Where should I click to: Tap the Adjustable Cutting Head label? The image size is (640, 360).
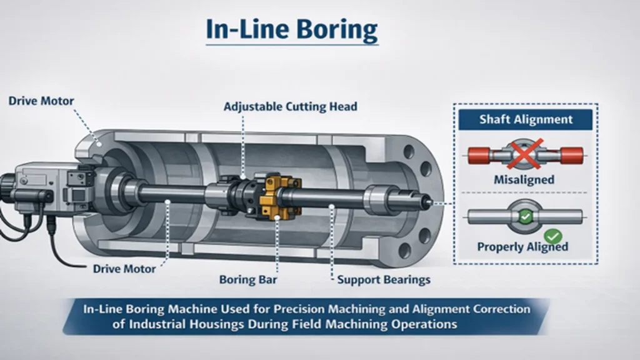[x=291, y=107]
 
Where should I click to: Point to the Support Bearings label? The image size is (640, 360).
[x=384, y=279]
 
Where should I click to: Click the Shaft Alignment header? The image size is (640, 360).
[x=525, y=119]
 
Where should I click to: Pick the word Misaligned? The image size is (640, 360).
[x=524, y=180]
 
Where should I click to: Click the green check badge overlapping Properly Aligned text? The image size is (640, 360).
[x=553, y=236]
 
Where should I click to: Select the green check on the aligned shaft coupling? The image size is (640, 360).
[x=525, y=216]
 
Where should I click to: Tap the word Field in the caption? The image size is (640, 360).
[x=354, y=324]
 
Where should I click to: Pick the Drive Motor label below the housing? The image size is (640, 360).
[x=124, y=269]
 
